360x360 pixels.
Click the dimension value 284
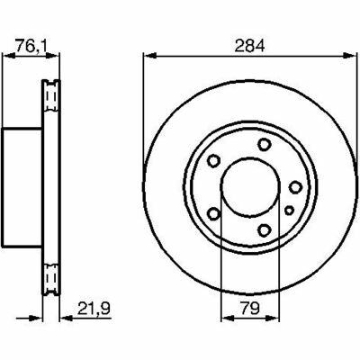[249, 46]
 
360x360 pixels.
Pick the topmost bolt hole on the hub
[264, 144]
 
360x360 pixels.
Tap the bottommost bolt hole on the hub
[264, 230]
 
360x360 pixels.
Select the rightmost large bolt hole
[295, 187]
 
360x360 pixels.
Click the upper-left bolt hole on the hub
[214, 161]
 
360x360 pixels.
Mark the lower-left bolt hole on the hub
[214, 213]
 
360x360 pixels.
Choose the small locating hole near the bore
[289, 211]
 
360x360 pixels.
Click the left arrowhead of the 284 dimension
[150, 55]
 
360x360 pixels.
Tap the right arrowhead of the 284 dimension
[350, 55]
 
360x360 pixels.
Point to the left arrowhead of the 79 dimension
[228, 318]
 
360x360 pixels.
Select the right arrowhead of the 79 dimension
[273, 318]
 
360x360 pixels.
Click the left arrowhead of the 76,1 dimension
[9, 55]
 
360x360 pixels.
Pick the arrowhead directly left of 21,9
[67, 318]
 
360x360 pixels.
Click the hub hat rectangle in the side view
[22, 187]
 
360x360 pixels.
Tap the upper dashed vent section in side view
[50, 96]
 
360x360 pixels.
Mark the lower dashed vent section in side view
[50, 279]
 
